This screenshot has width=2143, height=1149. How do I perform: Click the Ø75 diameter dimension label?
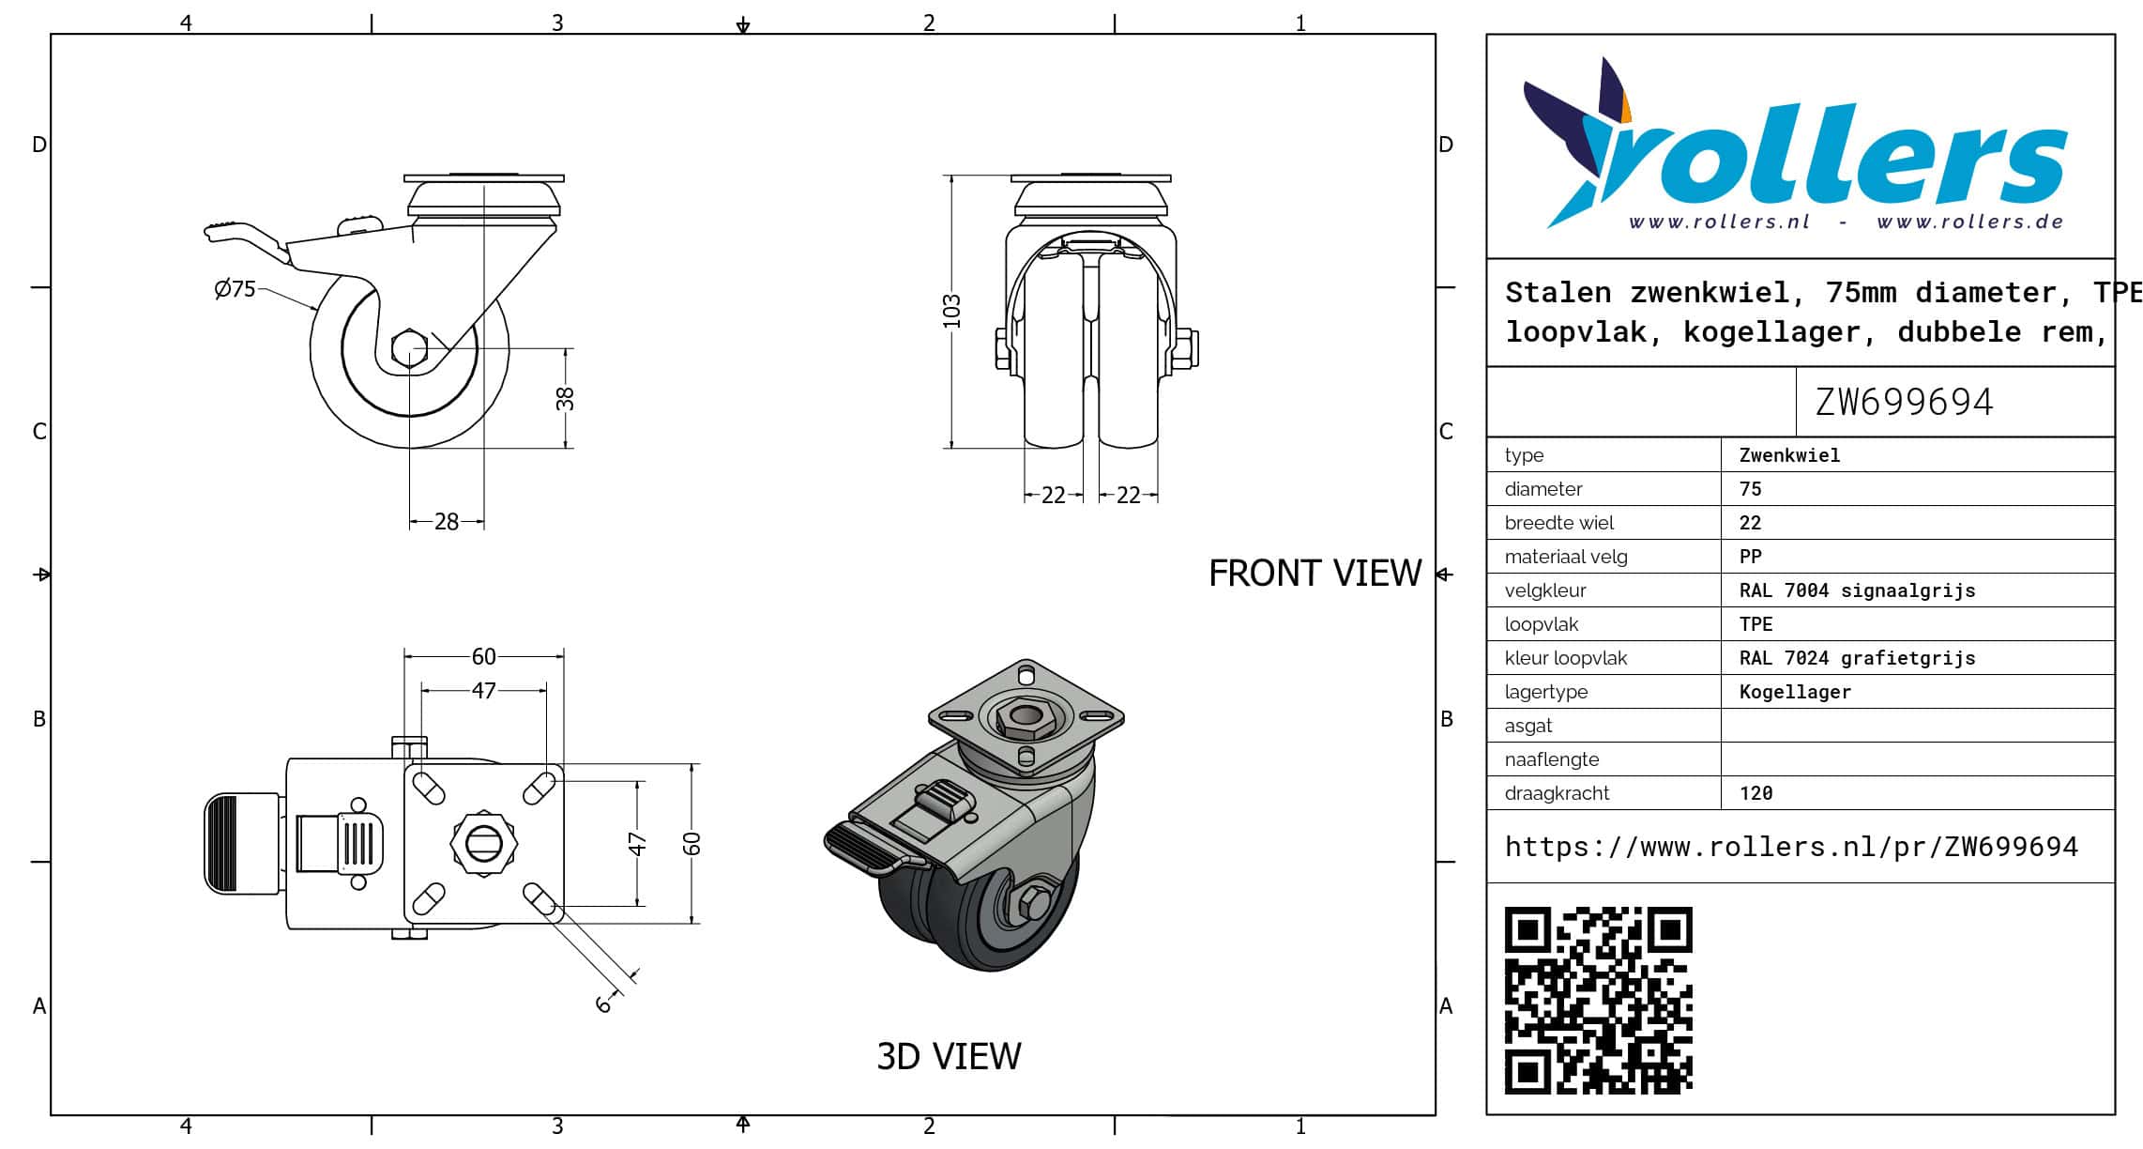coord(235,289)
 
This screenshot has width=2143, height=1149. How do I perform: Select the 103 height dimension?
coord(951,312)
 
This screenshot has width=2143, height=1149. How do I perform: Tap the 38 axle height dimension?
coord(565,399)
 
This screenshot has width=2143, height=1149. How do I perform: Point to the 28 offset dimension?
coord(447,522)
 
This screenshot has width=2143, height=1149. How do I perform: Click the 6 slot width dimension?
coord(603,1003)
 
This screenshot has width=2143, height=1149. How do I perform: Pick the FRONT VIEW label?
coord(1315,573)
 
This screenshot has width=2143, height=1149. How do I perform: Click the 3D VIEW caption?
coord(949,1056)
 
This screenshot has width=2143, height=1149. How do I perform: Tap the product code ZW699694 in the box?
coord(1904,402)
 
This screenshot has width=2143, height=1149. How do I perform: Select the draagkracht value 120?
coord(1755,793)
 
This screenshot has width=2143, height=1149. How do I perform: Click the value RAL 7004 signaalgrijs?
coord(1857,590)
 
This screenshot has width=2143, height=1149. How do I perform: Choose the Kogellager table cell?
coord(1795,692)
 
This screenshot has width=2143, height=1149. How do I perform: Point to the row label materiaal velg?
coord(1566,557)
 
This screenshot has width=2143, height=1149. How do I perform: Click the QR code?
coord(1598,1000)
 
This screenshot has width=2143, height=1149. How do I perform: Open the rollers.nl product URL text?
coord(1791,847)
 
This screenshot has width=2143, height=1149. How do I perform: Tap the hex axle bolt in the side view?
coord(409,348)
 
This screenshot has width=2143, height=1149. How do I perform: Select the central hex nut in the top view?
coord(483,843)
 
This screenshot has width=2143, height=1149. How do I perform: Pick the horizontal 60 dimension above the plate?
coord(483,656)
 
